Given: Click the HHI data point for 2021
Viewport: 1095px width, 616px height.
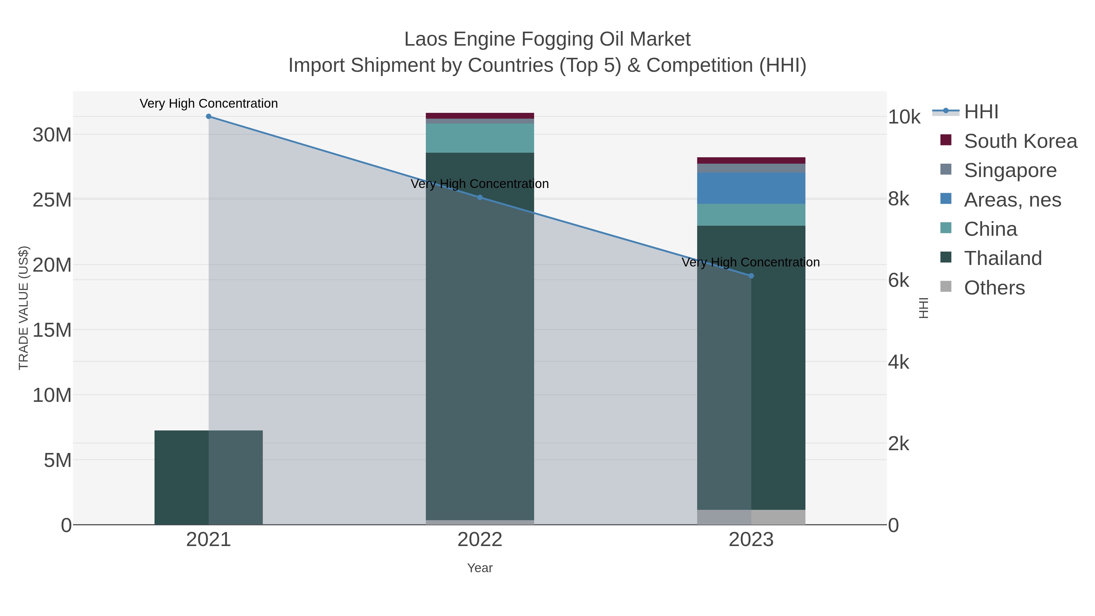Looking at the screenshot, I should pos(208,117).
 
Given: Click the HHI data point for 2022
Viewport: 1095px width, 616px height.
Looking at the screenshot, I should pos(480,197).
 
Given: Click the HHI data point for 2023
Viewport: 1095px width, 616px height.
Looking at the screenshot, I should pos(751,276).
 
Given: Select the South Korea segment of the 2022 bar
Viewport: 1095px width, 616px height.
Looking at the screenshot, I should pos(480,116).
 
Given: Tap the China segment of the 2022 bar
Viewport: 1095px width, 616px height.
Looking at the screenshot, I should pos(480,138).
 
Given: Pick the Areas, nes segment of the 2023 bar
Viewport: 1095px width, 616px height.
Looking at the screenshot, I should pos(751,188).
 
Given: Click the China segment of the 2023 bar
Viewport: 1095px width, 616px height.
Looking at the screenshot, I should pos(751,215).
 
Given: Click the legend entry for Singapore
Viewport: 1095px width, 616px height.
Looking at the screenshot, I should pos(1010,170).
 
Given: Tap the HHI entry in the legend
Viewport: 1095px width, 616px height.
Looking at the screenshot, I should pos(981,112).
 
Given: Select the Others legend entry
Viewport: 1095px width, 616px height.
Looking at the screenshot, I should pos(994,288).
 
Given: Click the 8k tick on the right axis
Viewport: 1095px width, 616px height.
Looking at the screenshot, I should pos(899,199).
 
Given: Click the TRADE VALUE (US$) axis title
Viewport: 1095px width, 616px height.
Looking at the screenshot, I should pos(23,308).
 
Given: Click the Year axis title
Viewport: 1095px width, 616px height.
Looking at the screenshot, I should pos(480,568).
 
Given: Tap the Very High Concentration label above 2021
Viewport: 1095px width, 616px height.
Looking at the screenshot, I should pos(208,103).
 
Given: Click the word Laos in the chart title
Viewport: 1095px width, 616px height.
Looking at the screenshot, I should pos(426,39).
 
